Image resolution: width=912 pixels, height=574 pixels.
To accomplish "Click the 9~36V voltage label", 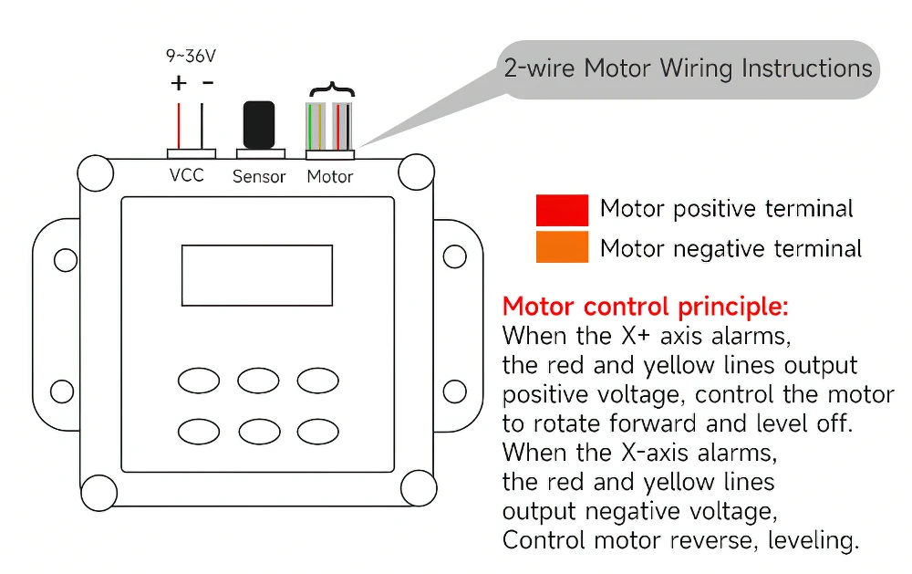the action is (x=191, y=56).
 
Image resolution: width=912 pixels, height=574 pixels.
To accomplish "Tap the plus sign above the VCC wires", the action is (x=179, y=83).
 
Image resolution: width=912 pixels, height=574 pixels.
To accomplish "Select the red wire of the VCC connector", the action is (x=179, y=126).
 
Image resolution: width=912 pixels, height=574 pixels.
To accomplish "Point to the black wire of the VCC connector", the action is (x=202, y=126).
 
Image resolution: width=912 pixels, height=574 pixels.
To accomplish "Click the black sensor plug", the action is (x=259, y=125).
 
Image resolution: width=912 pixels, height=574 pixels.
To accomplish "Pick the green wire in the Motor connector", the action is (x=310, y=126).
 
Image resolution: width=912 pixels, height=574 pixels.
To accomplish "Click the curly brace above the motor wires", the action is (x=332, y=89).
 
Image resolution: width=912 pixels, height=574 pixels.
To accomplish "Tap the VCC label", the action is (x=187, y=175).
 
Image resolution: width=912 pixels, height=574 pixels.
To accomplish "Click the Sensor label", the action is (x=259, y=176).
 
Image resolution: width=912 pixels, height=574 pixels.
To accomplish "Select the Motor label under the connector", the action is (x=330, y=176).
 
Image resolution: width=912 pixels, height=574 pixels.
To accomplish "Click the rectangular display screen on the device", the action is (x=257, y=276).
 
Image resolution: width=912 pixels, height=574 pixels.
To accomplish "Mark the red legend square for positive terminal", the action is (x=562, y=210).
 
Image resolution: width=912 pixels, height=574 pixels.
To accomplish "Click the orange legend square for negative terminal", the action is (x=562, y=247).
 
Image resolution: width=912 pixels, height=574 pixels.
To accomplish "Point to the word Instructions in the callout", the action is (x=807, y=68).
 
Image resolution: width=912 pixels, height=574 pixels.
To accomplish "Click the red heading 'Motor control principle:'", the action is (x=645, y=307).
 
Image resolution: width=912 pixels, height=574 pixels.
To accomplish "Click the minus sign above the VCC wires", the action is (x=208, y=83).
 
